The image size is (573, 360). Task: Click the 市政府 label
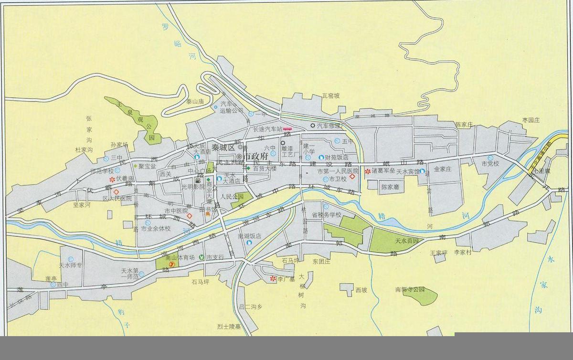(255, 157)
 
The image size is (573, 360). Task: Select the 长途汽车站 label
(267, 129)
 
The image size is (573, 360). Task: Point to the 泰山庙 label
(195, 102)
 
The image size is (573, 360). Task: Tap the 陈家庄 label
(463, 124)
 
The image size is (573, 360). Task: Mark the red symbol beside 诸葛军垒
(368, 170)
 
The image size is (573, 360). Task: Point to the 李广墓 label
(287, 278)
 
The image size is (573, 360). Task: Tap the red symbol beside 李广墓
(273, 278)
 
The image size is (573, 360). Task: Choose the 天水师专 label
(71, 265)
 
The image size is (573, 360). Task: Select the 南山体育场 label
(180, 257)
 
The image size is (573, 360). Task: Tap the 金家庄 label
(443, 169)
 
